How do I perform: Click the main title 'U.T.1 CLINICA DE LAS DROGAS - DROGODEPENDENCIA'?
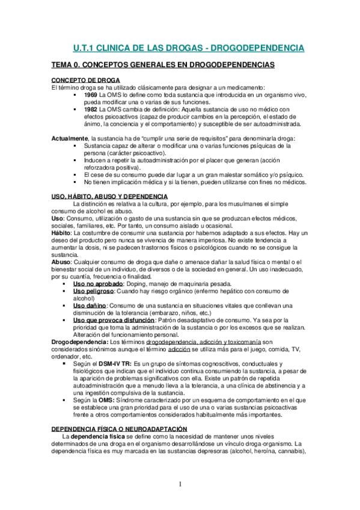tap(188, 47)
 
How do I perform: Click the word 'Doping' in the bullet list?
tap(159, 283)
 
